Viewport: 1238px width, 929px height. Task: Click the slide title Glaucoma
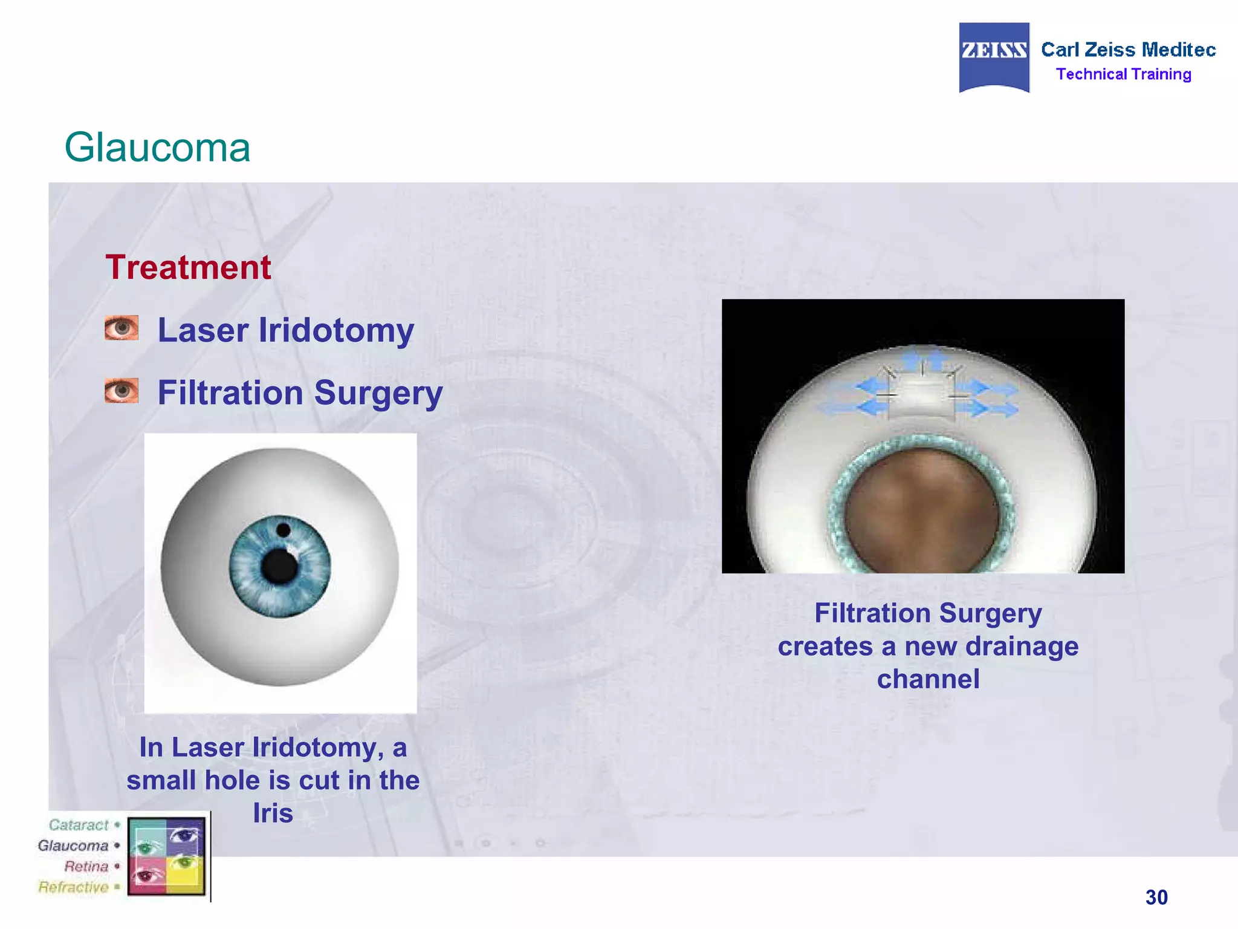coord(157,148)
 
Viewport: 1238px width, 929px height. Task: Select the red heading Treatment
coord(188,267)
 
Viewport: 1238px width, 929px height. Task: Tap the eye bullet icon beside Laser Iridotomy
coord(121,328)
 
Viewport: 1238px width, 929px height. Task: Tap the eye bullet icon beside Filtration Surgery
coord(121,391)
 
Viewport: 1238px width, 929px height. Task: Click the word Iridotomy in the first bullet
coord(336,331)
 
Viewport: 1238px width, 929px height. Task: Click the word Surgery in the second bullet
coord(378,393)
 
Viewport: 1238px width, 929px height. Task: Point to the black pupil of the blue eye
coord(279,566)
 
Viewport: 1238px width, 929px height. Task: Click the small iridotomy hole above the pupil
coord(283,531)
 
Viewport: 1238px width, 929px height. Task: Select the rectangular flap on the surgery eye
coord(921,396)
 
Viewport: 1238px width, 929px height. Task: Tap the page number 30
coord(1156,897)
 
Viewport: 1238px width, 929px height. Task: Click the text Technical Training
coord(1123,74)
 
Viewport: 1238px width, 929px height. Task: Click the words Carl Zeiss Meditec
coord(1128,50)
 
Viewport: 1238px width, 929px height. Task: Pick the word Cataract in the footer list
coord(79,825)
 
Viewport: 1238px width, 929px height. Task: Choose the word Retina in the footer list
coord(86,866)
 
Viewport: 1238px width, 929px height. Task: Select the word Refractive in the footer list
coord(73,887)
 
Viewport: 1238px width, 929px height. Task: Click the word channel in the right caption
coord(928,679)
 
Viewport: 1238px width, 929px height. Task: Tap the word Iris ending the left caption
coord(273,813)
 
